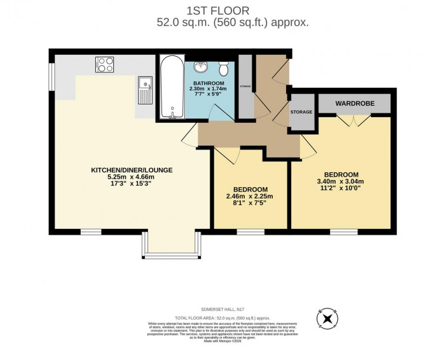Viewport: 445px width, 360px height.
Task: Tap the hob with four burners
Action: tap(104, 64)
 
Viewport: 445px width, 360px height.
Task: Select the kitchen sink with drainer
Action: tap(144, 90)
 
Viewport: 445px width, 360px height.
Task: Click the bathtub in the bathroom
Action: tap(172, 88)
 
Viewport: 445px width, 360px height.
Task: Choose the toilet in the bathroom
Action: tap(223, 67)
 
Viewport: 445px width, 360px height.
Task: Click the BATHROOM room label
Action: tap(209, 83)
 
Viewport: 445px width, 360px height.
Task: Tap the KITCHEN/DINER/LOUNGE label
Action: tap(132, 170)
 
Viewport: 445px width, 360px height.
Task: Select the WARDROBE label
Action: tap(355, 103)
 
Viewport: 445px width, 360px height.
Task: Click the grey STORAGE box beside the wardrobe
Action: tap(301, 113)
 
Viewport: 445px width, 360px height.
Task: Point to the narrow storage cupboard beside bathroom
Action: tap(245, 87)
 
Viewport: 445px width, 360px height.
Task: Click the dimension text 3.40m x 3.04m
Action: tap(341, 182)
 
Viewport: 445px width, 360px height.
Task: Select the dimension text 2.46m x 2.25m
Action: tap(250, 197)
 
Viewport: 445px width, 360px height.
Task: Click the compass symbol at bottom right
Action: tap(327, 319)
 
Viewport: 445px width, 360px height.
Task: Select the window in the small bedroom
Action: tap(250, 230)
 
